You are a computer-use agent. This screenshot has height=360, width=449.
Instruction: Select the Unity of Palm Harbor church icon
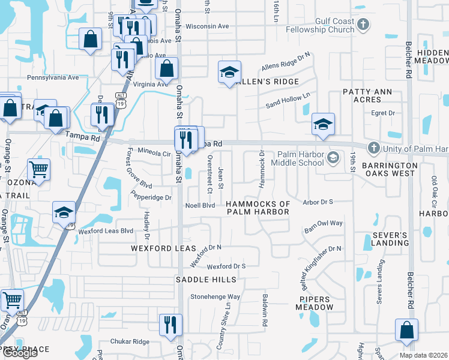(x=373, y=148)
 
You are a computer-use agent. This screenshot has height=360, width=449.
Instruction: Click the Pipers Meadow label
(x=314, y=303)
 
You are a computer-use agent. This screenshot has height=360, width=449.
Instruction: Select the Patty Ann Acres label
(x=367, y=95)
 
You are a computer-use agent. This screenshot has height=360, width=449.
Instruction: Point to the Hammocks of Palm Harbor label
(x=258, y=208)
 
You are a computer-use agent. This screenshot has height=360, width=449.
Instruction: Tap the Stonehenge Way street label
(x=215, y=296)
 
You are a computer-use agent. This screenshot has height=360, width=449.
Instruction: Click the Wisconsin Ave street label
(x=207, y=26)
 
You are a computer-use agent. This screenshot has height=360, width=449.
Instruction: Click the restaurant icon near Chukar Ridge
(x=170, y=325)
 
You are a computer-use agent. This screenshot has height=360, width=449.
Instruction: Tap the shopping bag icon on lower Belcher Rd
(x=406, y=330)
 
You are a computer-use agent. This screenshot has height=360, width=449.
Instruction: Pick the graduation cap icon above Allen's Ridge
(x=229, y=72)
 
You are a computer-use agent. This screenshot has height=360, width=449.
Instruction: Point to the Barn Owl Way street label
(x=323, y=226)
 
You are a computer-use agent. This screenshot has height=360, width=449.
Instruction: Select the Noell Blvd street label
(x=200, y=205)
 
